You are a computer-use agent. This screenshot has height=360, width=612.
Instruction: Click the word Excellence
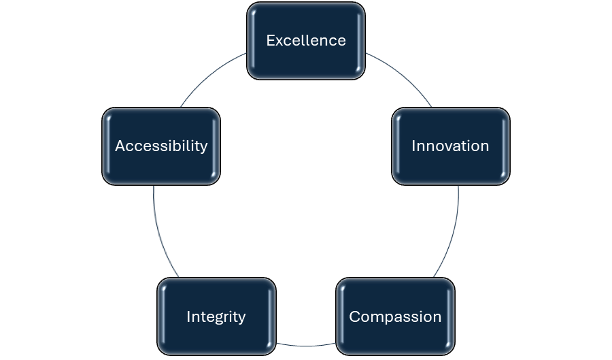pos(306,40)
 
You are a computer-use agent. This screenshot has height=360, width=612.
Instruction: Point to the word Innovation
pos(450,146)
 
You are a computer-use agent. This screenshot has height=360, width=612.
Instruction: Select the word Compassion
pos(395,316)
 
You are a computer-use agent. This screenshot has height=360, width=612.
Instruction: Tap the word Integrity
pos(216,316)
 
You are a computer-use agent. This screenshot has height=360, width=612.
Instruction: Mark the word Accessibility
pos(161,146)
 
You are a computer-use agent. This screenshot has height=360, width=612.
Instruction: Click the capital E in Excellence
pos(270,40)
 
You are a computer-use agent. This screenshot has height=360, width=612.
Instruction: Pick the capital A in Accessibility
pos(120,146)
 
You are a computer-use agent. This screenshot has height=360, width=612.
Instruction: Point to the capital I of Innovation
pos(413,146)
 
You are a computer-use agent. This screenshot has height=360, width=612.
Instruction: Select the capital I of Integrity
pos(188,316)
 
